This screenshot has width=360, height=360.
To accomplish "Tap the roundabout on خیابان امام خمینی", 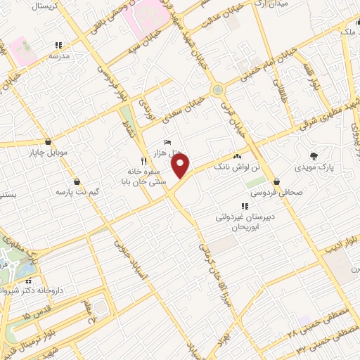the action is (x=218, y=89).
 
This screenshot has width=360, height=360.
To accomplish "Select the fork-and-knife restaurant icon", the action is (x=143, y=160).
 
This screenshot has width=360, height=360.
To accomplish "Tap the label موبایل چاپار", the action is (x=48, y=151).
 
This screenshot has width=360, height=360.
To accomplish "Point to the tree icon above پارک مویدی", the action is (x=313, y=155).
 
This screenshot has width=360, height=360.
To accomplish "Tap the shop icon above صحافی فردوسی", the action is (x=276, y=179).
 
